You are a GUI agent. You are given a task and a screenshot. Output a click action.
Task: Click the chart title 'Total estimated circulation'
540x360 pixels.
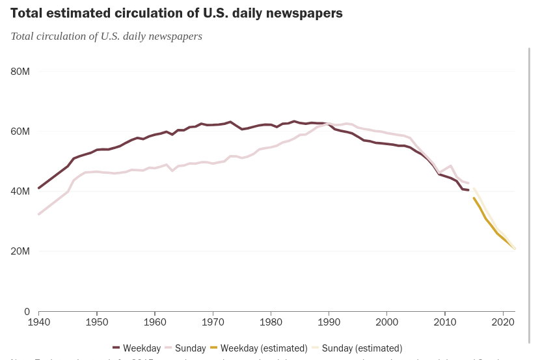(x=176, y=13)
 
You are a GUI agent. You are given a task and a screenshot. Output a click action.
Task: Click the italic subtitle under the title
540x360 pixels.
(x=106, y=36)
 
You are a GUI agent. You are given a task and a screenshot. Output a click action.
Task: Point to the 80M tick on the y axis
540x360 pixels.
(x=20, y=72)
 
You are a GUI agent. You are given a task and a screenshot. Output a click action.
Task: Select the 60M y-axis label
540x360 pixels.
(x=20, y=132)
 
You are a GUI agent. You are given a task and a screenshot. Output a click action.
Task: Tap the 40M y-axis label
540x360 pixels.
(x=20, y=191)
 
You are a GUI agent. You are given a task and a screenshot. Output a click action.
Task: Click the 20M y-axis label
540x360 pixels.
(x=20, y=251)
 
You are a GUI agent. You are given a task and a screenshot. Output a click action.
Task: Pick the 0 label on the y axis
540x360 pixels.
(x=27, y=312)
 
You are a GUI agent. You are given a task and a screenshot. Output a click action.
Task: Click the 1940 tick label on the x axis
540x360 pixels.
(x=39, y=322)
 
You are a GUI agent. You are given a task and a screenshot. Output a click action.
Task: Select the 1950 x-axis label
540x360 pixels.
(x=97, y=322)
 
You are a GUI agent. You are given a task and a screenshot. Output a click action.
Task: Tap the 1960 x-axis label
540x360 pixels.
(x=155, y=322)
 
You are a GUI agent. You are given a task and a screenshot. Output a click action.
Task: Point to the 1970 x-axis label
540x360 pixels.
(x=213, y=322)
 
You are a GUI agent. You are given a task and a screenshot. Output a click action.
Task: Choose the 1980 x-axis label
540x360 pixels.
(x=271, y=322)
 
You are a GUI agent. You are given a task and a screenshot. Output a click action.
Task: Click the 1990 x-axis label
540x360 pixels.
(x=329, y=322)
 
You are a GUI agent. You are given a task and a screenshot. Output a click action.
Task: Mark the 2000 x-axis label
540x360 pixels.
(x=387, y=322)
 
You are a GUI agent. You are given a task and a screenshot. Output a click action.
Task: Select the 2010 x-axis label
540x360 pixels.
(x=445, y=322)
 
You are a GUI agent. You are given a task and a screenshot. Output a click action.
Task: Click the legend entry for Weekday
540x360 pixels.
(x=137, y=348)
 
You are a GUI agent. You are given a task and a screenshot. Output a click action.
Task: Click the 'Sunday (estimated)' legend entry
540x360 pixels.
(x=357, y=348)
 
